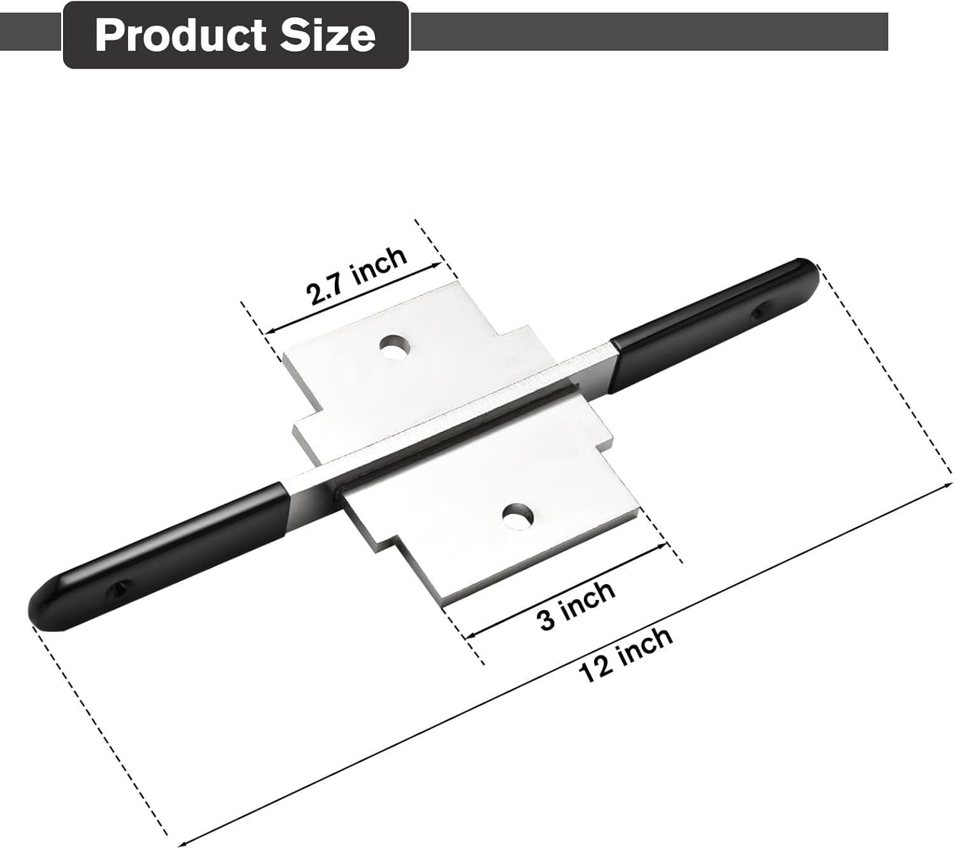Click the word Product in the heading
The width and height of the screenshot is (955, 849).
pyautogui.click(x=180, y=36)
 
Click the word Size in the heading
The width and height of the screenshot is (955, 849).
pyautogui.click(x=328, y=36)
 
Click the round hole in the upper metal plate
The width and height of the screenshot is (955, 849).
pyautogui.click(x=395, y=346)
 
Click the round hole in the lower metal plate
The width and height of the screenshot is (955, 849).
pyautogui.click(x=518, y=516)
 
